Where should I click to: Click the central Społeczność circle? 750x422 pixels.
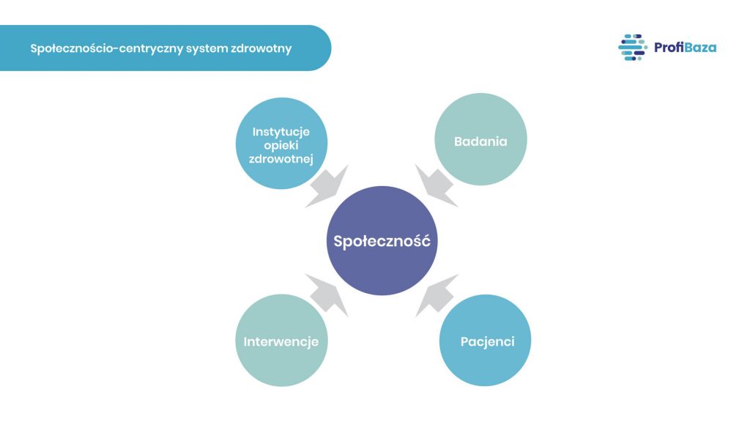[382, 241]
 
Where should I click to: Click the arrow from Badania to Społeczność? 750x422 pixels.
[437, 185]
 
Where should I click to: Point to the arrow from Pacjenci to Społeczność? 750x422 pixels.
[437, 295]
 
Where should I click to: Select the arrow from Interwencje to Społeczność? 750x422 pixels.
[327, 295]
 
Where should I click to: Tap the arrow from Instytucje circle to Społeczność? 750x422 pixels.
[327, 185]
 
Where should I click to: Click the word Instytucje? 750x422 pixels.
[281, 132]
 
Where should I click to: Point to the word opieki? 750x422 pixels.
[282, 146]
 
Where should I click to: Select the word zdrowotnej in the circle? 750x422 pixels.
[281, 159]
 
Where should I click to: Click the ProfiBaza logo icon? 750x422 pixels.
[631, 48]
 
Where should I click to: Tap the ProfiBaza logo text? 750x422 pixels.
[685, 48]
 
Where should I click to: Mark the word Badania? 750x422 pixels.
[480, 141]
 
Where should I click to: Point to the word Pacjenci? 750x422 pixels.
[487, 341]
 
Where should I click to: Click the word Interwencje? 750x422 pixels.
[281, 342]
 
